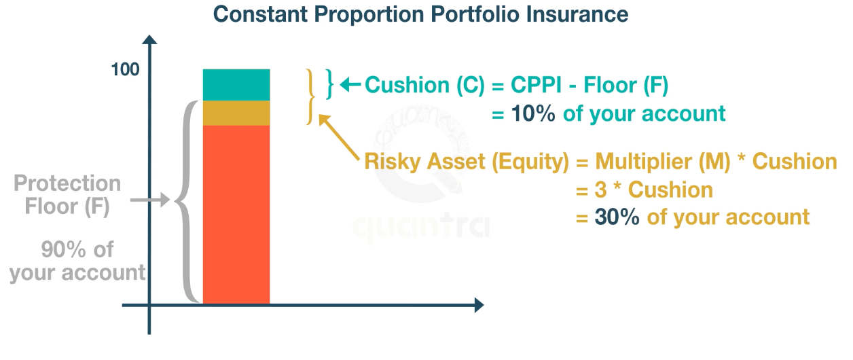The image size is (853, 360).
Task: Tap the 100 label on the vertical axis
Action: coord(125,70)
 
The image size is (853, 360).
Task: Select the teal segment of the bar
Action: coord(236,85)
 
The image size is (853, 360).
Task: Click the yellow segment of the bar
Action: coord(236,113)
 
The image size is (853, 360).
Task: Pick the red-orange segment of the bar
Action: coord(236,215)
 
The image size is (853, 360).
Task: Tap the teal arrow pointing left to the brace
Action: coord(350,85)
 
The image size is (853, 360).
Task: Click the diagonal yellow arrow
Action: coord(338,137)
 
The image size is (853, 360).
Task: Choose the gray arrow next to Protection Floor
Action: coord(150,200)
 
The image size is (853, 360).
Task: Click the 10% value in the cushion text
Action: coord(533,113)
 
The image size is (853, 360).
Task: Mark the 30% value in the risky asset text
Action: coord(617,217)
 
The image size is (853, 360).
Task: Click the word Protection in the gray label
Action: coord(67,183)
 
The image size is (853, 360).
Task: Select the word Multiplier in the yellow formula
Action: coord(645,162)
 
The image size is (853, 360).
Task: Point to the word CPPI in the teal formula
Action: coord(536,85)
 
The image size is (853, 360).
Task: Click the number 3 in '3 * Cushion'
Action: coord(600,190)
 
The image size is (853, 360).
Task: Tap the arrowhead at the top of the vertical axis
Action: coord(149,39)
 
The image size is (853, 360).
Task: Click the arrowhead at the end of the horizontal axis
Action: coord(479,305)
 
